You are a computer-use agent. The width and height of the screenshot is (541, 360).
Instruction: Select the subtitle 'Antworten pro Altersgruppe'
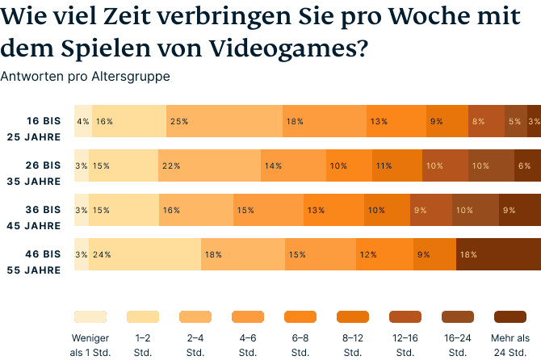point(85,77)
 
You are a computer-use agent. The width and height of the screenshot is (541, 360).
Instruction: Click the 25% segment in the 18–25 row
point(224,121)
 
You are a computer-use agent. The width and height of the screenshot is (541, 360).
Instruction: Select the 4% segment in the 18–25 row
point(83,121)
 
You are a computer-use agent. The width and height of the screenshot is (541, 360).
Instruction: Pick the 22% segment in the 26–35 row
point(209,165)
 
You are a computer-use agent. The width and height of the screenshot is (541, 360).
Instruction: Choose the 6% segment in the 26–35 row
point(527,165)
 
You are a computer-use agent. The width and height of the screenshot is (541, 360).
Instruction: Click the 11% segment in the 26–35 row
point(396,165)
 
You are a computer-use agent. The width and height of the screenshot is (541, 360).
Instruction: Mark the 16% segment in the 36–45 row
point(196,210)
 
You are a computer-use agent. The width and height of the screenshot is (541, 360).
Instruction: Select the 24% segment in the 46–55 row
point(145,254)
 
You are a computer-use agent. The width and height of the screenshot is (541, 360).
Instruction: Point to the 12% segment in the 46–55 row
point(384,254)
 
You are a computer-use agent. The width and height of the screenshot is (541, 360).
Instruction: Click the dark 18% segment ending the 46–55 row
point(498,254)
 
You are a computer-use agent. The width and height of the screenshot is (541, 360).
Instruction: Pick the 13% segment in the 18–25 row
point(395,121)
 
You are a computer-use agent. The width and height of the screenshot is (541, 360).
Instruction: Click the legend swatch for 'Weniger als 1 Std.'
point(90,316)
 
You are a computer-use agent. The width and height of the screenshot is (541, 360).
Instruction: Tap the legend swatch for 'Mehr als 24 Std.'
point(510,316)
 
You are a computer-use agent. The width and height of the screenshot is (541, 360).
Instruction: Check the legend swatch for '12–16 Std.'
point(405,316)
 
